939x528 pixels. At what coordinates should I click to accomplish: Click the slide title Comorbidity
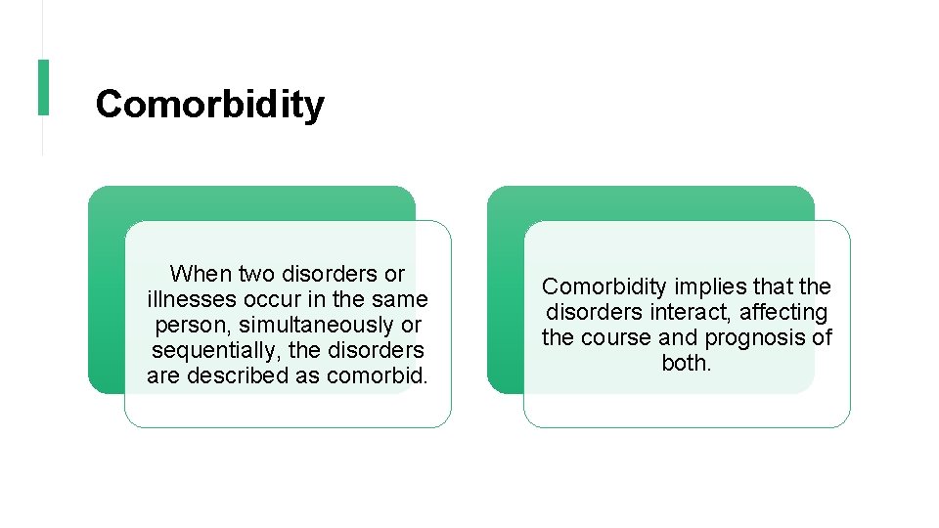click(x=209, y=104)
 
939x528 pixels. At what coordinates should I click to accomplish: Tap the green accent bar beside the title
click(x=43, y=87)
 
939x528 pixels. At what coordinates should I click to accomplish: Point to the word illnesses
click(x=187, y=299)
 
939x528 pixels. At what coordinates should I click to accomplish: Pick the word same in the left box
click(x=401, y=299)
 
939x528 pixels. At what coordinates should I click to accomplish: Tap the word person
click(x=186, y=325)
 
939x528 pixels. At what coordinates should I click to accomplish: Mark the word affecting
click(x=783, y=312)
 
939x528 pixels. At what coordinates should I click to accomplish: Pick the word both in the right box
click(x=687, y=363)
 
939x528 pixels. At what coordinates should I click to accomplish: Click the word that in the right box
click(x=775, y=286)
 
